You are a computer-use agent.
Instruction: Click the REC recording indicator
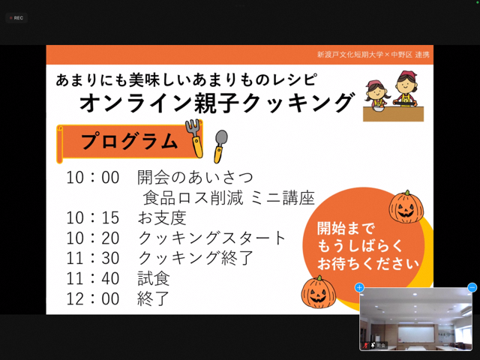pos(16,18)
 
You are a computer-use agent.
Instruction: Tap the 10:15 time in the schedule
pos(93,217)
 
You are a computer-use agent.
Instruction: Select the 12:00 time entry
pos(93,298)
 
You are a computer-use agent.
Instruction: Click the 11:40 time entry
pos(93,278)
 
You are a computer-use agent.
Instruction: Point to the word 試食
pos(153,278)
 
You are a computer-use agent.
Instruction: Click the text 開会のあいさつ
pos(195,177)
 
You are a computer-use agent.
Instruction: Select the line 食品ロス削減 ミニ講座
pos(229,197)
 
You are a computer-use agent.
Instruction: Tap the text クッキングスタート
pos(211,238)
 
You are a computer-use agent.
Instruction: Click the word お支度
pos(162,217)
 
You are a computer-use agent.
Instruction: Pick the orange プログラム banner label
pos(129,142)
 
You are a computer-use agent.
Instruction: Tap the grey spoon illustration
pos(220,146)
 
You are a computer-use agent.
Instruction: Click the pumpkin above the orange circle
pos(406,207)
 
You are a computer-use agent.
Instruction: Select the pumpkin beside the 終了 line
pos(318,292)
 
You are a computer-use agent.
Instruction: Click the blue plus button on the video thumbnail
pos(359,288)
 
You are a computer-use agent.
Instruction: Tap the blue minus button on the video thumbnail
pos(472,288)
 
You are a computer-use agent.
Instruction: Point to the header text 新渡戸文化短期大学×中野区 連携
pos(373,55)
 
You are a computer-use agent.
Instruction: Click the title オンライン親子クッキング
pos(217,103)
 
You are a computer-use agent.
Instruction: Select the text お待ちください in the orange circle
pos(368,263)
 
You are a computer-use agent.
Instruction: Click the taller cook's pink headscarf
pos(408,75)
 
